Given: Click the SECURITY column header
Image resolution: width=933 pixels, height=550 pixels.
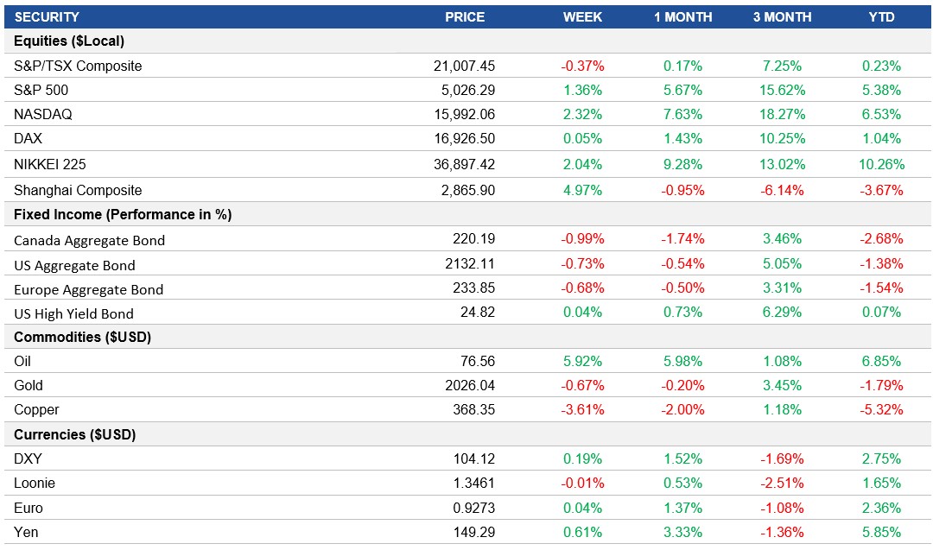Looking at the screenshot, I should (x=48, y=17).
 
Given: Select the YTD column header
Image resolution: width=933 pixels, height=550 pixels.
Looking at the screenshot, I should (x=881, y=17).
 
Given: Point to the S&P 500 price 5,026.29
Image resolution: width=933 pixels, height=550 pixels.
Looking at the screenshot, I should (x=464, y=90).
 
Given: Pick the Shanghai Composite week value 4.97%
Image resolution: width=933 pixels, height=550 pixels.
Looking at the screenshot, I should (x=583, y=190).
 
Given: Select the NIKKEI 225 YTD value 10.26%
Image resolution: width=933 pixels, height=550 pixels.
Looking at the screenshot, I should (x=881, y=164).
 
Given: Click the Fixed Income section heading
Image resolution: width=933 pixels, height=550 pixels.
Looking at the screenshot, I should (x=123, y=214).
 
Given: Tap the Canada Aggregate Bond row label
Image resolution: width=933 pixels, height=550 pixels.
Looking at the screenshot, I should (x=90, y=240).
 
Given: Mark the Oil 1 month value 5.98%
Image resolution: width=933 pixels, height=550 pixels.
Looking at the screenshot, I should (x=682, y=361).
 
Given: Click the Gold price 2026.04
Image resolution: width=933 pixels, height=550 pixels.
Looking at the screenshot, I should (x=471, y=385).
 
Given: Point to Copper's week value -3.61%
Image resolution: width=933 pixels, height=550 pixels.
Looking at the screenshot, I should (x=583, y=409).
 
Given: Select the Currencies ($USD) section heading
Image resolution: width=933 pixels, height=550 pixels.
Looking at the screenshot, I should (x=75, y=434).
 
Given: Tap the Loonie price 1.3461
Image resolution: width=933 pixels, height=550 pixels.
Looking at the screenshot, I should (x=473, y=484).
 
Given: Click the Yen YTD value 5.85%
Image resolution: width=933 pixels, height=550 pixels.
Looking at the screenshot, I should (x=881, y=532).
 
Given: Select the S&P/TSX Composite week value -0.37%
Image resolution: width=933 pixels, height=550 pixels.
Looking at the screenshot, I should (x=583, y=66).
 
